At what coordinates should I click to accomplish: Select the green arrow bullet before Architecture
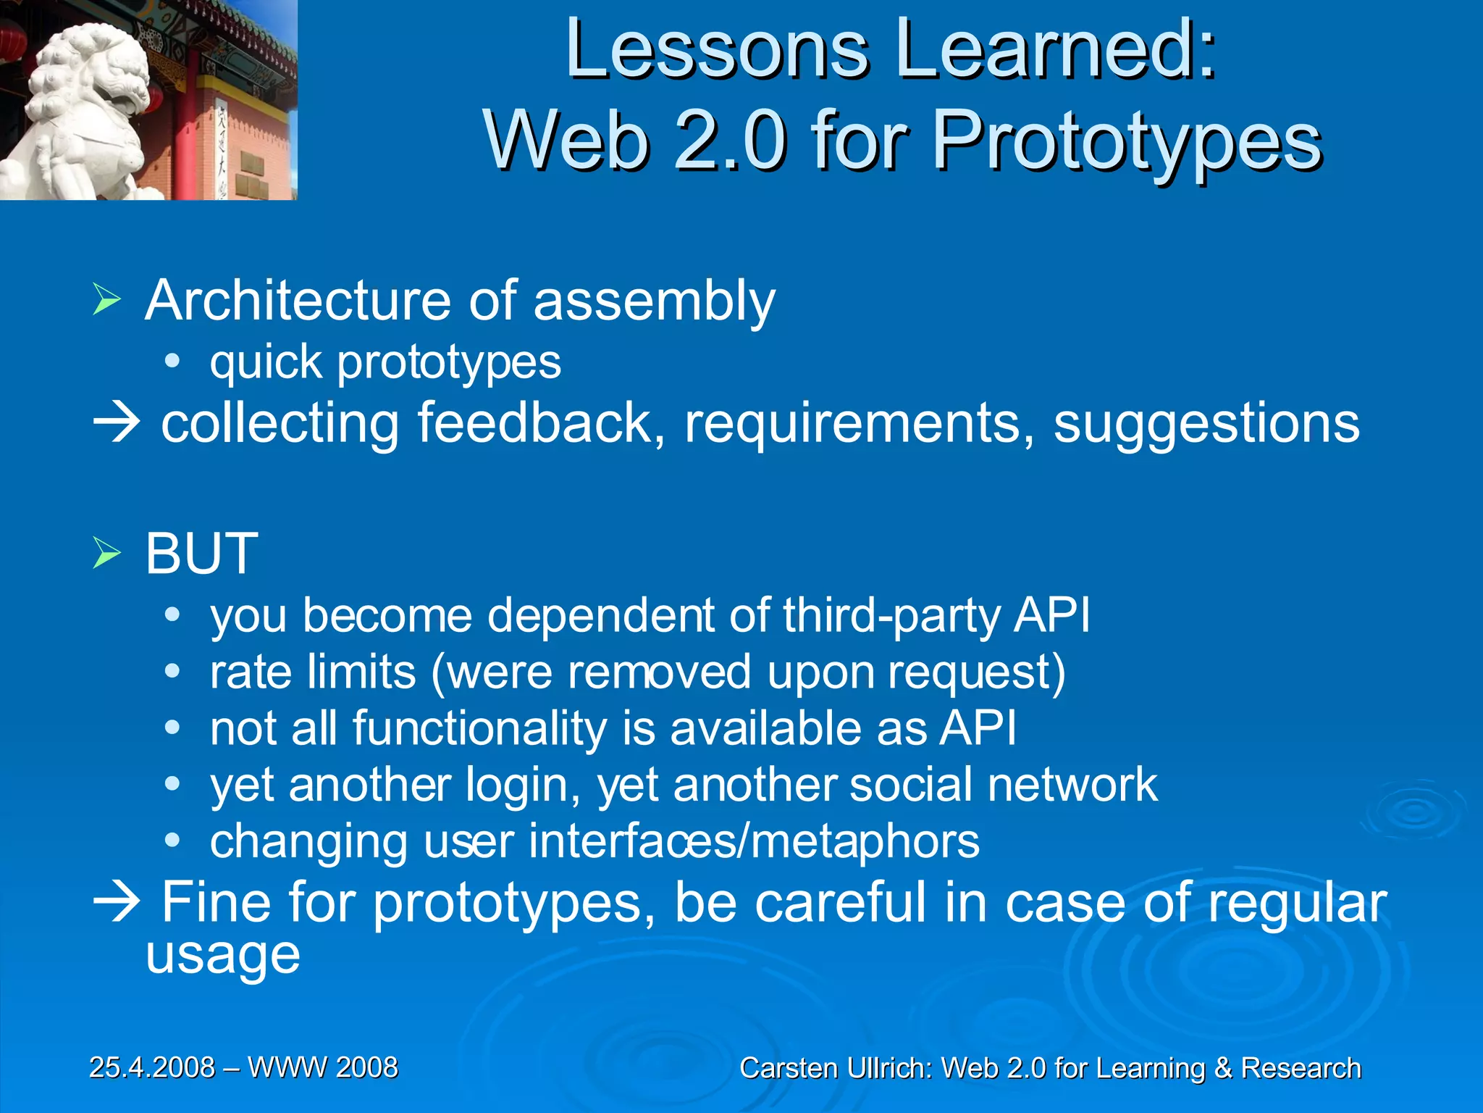[x=106, y=300]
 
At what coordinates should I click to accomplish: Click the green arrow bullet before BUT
[x=106, y=554]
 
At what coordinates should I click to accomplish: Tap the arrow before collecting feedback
[x=116, y=423]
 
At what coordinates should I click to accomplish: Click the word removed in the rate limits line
[x=659, y=672]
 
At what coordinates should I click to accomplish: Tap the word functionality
[x=479, y=729]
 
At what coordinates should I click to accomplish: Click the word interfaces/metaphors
[x=753, y=842]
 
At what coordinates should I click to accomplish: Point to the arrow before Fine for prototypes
[x=116, y=903]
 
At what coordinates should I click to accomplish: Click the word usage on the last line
[x=223, y=956]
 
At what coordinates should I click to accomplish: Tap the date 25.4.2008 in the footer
[x=152, y=1067]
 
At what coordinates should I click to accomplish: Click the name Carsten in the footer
[x=789, y=1069]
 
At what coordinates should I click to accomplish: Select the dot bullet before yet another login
[x=172, y=784]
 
